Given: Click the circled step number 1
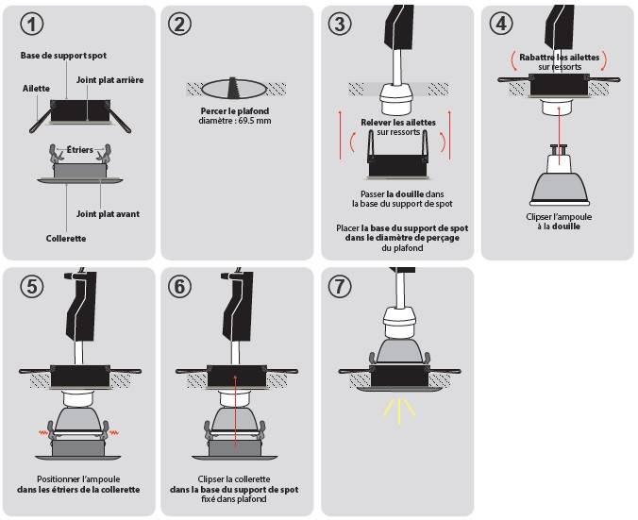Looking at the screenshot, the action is pos(31,24).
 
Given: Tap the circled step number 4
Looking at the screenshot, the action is pos(501,24).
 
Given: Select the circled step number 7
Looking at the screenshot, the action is pos(340,286).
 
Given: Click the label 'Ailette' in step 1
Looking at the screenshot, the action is pos(36,89).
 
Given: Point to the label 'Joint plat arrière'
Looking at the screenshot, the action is pos(109,80).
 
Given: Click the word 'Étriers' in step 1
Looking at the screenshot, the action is pos(79,150).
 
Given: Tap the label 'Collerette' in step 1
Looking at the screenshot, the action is pos(66,239).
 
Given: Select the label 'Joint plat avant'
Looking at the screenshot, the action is pos(108,214).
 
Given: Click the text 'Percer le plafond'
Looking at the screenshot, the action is pos(235,111).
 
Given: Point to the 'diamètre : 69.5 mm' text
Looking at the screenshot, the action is pos(235,121).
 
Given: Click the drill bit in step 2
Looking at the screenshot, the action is pos(233,87).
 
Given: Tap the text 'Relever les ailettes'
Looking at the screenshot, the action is pos(398,123).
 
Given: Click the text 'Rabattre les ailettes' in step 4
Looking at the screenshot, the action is pos(559,58).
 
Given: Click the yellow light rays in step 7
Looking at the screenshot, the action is pos(399,411).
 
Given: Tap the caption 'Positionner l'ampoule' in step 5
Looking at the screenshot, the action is pos(78,479).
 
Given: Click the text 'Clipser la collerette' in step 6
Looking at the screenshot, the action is pos(234,479).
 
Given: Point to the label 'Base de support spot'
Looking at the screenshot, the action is pos(63,56).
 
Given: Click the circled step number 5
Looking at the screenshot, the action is pos(31,286).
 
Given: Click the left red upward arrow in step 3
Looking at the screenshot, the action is pos(341,134).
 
